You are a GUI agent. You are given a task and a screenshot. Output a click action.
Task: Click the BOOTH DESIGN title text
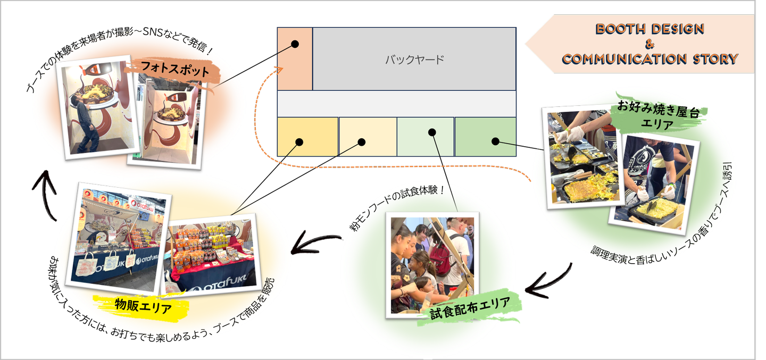click(650, 29)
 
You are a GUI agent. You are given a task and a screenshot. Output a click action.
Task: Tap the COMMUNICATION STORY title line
click(650, 58)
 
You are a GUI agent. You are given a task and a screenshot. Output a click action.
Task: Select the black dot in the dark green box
click(495, 141)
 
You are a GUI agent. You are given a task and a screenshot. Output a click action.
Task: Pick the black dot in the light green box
click(432, 132)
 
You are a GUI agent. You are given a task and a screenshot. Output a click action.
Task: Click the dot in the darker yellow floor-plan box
click(299, 142)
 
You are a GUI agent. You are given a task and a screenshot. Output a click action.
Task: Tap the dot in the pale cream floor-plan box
click(362, 142)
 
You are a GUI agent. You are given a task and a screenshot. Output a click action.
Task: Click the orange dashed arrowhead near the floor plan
click(278, 69)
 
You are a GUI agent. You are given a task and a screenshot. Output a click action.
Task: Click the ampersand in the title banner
click(648, 44)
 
